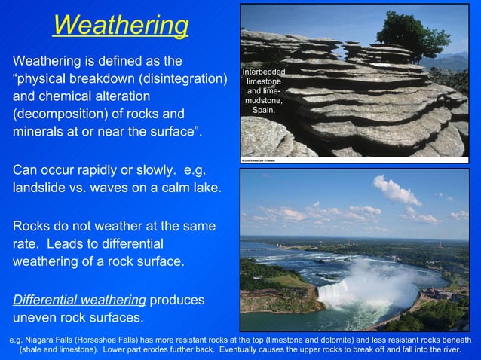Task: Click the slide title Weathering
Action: point(121,26)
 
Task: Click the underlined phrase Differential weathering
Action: point(79,299)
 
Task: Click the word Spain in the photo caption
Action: point(263,110)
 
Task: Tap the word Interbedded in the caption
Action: point(263,71)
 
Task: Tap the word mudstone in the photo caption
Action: point(263,100)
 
